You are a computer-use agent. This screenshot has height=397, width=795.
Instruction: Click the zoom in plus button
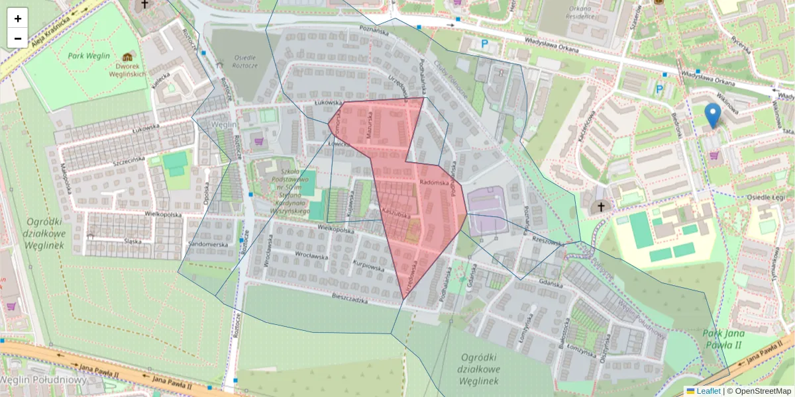(x=18, y=19)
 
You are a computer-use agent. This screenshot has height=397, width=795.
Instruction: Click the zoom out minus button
(x=18, y=38)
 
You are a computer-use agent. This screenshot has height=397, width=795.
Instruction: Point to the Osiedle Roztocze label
(x=246, y=61)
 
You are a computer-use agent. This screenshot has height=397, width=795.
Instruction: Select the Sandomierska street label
(x=209, y=244)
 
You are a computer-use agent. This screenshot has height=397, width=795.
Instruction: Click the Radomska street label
(x=435, y=183)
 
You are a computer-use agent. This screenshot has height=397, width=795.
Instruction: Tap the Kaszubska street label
(x=397, y=215)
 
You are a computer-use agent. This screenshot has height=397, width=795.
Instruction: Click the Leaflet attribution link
(x=708, y=391)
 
